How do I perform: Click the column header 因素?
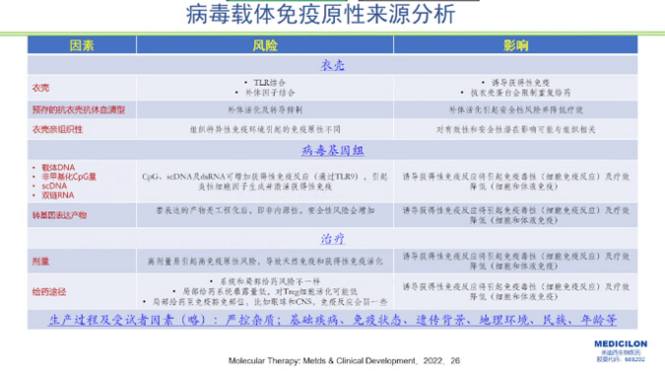point(82,46)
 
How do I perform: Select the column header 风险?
point(265,46)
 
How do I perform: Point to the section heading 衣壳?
point(332,64)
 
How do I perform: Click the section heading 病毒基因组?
point(332,150)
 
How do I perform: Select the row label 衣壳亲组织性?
point(58,128)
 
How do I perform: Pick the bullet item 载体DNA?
point(58,168)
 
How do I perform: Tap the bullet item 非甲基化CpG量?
point(67,177)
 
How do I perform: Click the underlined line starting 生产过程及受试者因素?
point(332,321)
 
